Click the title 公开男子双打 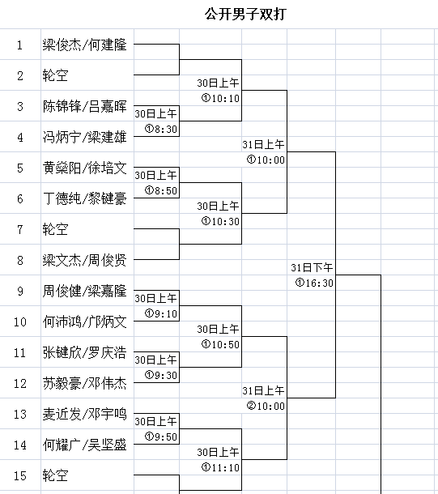pyautogui.click(x=245, y=15)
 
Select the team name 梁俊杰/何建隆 pyautogui.click(x=85, y=45)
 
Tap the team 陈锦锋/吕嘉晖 pyautogui.click(x=85, y=106)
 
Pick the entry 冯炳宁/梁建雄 pyautogui.click(x=85, y=137)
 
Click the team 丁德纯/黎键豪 pyautogui.click(x=85, y=198)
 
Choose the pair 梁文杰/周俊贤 pyautogui.click(x=85, y=260)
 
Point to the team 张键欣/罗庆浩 pyautogui.click(x=85, y=352)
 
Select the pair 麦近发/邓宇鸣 pyautogui.click(x=85, y=414)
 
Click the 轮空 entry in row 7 pyautogui.click(x=55, y=229)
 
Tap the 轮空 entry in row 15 pyautogui.click(x=55, y=475)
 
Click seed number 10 pyautogui.click(x=20, y=322)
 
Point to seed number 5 pyautogui.click(x=20, y=168)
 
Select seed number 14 pyautogui.click(x=20, y=445)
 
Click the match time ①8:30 pyautogui.click(x=161, y=129)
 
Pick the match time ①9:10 pyautogui.click(x=161, y=313)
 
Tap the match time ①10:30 pyautogui.click(x=220, y=221)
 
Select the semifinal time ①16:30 pyautogui.click(x=314, y=283)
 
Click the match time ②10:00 pyautogui.click(x=266, y=406)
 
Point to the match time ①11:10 pyautogui.click(x=220, y=467)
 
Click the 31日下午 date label pyautogui.click(x=312, y=268)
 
